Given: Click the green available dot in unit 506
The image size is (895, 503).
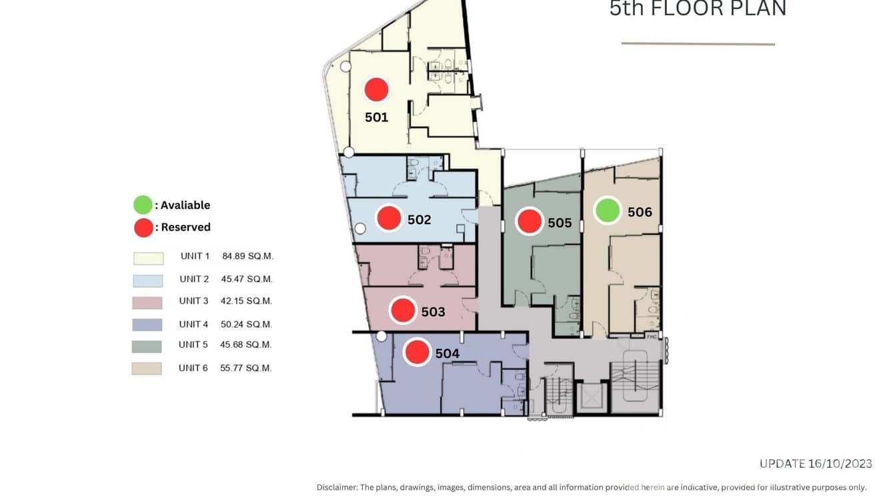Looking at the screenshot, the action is pyautogui.click(x=608, y=210).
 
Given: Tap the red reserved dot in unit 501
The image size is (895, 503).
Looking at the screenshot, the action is pyautogui.click(x=376, y=89).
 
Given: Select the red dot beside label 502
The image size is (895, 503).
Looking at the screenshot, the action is pyautogui.click(x=389, y=218).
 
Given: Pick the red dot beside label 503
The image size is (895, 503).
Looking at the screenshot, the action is pyautogui.click(x=403, y=310).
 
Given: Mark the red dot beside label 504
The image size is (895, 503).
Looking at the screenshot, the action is pyautogui.click(x=417, y=352).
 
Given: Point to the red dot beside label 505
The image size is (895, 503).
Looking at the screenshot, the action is pyautogui.click(x=529, y=221).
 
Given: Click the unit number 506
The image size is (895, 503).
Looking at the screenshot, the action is pyautogui.click(x=640, y=211).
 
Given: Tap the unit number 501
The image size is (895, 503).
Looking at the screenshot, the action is pyautogui.click(x=376, y=117).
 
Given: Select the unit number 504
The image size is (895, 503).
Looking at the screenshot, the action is pyautogui.click(x=447, y=353).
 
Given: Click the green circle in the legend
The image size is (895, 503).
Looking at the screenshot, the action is pyautogui.click(x=143, y=205).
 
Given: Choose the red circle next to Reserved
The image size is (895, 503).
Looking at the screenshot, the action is pyautogui.click(x=143, y=227).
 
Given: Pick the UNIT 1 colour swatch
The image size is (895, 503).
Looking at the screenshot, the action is pyautogui.click(x=148, y=258).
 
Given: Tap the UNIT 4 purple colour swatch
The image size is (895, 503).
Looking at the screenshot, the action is pyautogui.click(x=147, y=325).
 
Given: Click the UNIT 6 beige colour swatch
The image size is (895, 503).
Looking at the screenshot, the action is pyautogui.click(x=147, y=368).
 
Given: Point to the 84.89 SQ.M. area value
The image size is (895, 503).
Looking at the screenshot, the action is pyautogui.click(x=247, y=256).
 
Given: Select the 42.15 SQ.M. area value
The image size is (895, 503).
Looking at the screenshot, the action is pyautogui.click(x=246, y=301).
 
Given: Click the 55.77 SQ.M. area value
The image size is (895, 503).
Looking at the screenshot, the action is pyautogui.click(x=245, y=368).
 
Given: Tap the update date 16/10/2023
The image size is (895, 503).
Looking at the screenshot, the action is pyautogui.click(x=840, y=464).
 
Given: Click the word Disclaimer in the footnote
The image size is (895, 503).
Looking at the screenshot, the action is pyautogui.click(x=337, y=488).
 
